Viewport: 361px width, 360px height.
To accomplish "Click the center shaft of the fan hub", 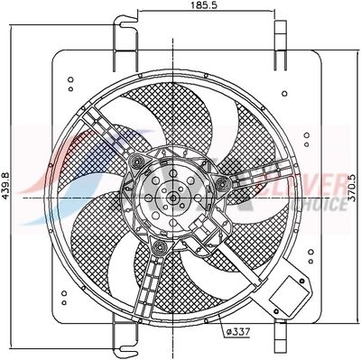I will pyautogui.click(x=171, y=195).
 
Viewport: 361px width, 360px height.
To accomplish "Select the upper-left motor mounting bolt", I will pyautogui.click(x=138, y=163).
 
